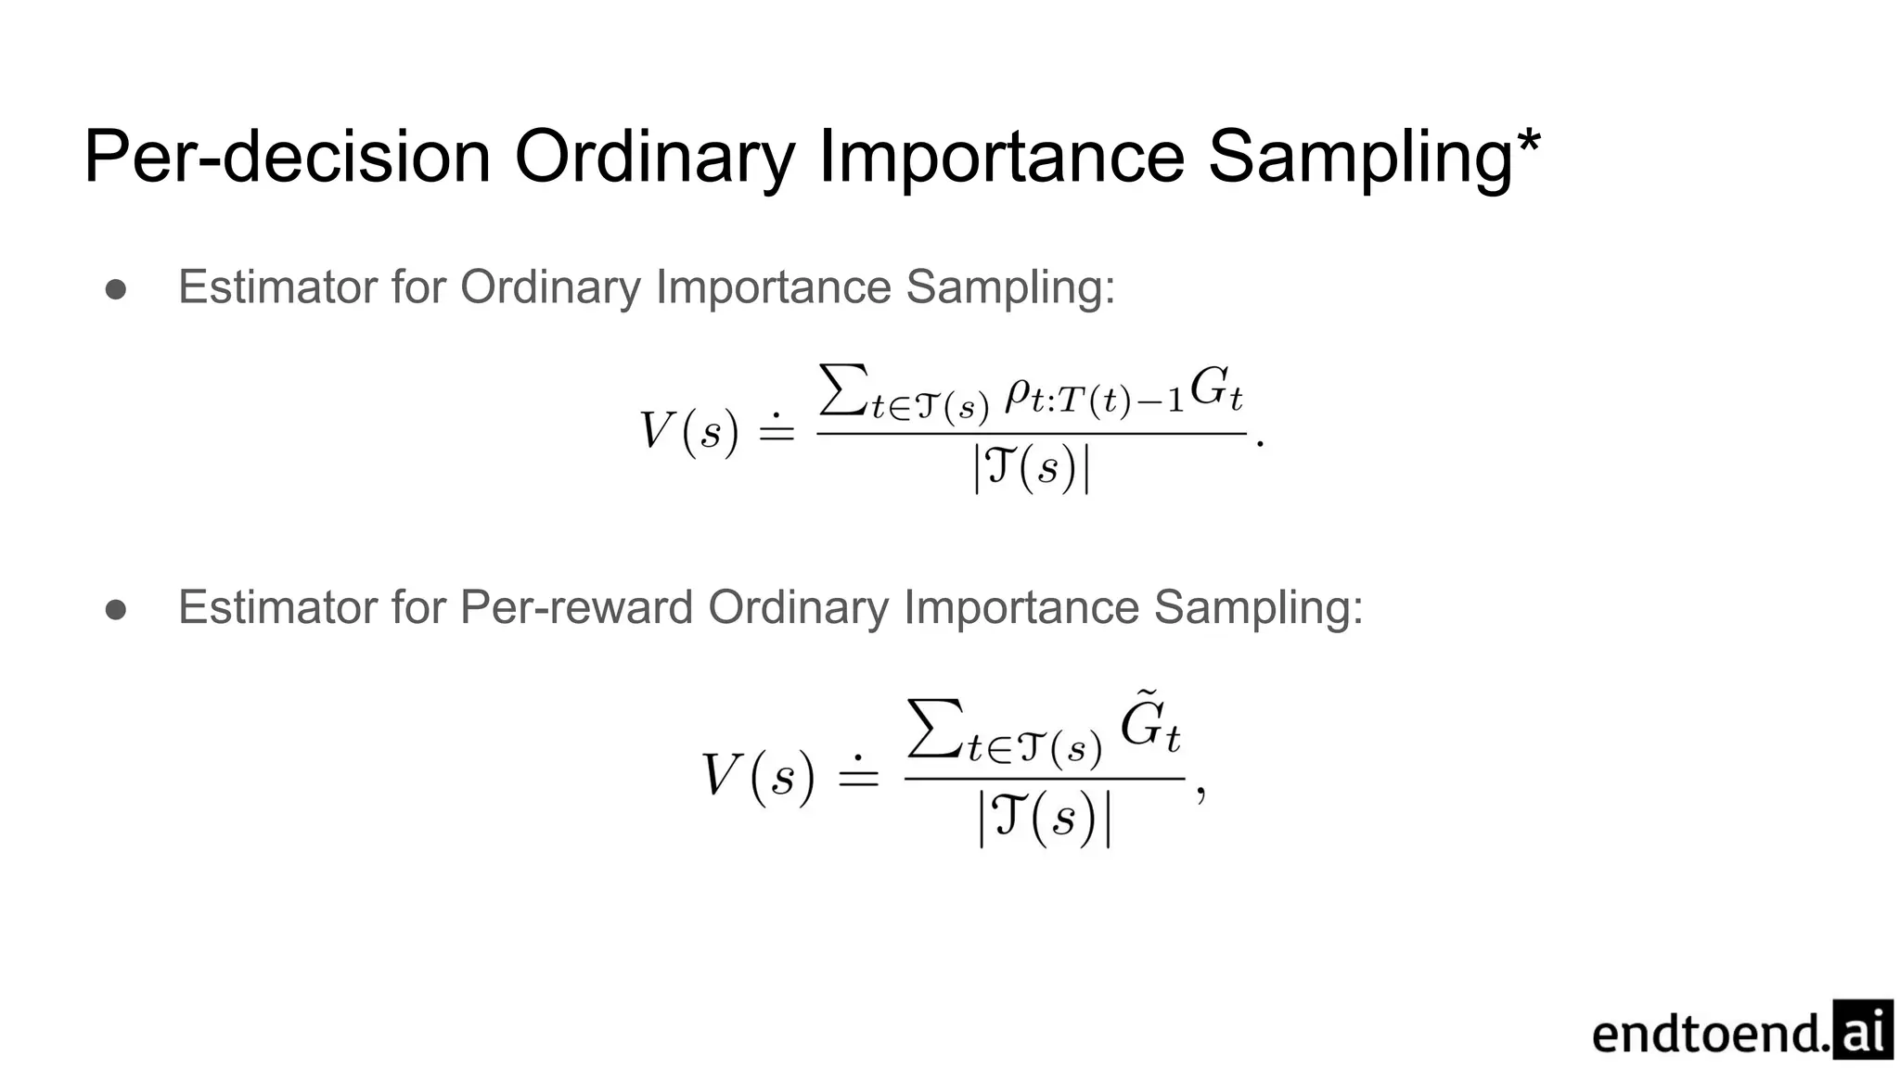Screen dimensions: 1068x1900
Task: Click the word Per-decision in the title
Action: point(287,157)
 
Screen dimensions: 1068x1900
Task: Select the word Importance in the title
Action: point(1001,157)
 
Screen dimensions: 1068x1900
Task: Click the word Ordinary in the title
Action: point(654,157)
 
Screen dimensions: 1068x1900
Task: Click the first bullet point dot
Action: point(116,289)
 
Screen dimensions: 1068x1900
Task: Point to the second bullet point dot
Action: point(116,609)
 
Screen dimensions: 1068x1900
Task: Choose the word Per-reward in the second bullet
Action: point(576,608)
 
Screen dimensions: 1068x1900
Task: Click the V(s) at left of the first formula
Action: point(688,431)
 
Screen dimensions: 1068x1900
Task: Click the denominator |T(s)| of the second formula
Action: point(1045,820)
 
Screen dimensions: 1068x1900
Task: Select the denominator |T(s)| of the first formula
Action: point(1031,468)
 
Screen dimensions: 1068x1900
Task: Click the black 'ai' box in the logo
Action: point(1862,1029)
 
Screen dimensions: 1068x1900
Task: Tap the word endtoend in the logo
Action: point(1709,1034)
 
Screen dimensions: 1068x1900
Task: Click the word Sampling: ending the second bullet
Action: point(1258,608)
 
